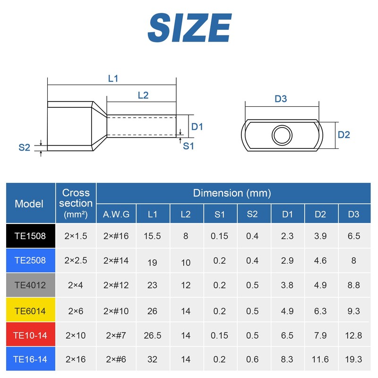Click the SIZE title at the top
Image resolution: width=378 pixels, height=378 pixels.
(x=189, y=28)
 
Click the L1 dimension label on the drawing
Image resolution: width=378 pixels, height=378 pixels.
(x=113, y=78)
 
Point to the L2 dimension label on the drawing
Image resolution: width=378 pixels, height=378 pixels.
(x=143, y=95)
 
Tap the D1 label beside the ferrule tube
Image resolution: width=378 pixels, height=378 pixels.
(x=197, y=127)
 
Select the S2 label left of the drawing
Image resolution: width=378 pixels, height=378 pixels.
(x=25, y=147)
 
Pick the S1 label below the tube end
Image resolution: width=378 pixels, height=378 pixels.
(x=188, y=146)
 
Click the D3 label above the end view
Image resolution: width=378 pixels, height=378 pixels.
(x=281, y=99)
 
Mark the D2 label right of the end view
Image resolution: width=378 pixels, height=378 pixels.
(x=344, y=135)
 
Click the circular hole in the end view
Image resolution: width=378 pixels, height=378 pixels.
(x=282, y=135)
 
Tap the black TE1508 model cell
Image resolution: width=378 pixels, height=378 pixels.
(x=31, y=236)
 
